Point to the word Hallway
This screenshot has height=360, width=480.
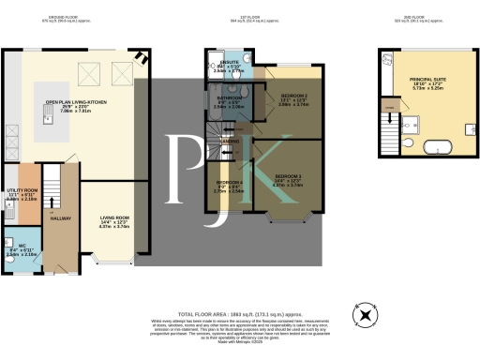[x=61, y=218]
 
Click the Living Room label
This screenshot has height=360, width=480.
[x=114, y=218]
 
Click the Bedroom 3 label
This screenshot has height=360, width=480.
[x=288, y=175]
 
